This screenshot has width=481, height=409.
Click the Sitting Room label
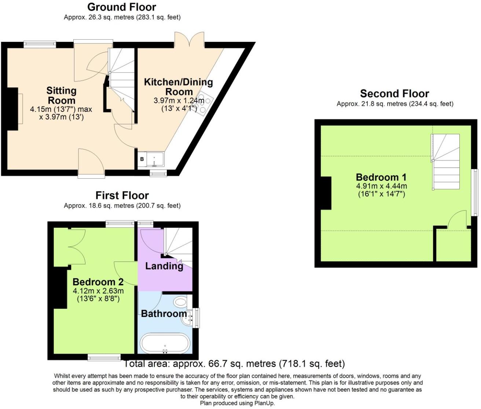(x=61, y=95)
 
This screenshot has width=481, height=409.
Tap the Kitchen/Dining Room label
(x=179, y=87)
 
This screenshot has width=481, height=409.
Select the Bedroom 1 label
(x=381, y=177)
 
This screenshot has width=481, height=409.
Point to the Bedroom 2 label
(x=98, y=282)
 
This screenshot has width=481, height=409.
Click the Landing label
(x=164, y=266)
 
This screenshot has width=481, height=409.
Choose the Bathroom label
(x=164, y=314)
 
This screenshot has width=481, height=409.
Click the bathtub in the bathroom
(x=165, y=343)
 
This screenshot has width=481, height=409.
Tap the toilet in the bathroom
(x=180, y=303)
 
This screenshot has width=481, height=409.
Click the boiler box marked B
(x=142, y=160)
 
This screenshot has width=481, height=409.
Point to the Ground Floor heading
(x=122, y=7)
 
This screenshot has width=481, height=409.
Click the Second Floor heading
(x=394, y=94)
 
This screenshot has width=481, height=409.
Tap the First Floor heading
(x=122, y=195)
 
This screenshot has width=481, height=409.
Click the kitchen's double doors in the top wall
(x=189, y=40)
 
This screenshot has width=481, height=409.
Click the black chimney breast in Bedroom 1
(x=326, y=193)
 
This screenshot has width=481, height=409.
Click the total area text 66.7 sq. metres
(x=234, y=364)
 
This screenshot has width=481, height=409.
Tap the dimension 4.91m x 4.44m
(x=381, y=186)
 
